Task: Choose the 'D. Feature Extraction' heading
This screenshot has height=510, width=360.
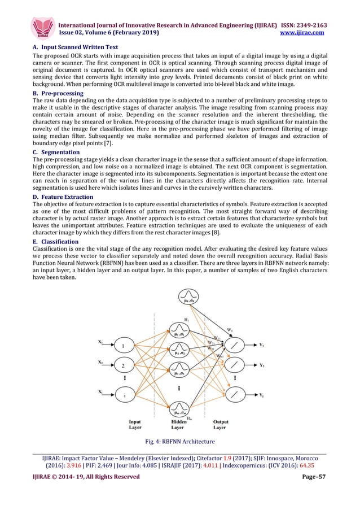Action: [65, 197]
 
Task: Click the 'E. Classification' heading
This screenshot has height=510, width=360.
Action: [55, 241]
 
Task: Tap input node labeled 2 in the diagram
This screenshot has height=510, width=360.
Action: [124, 365]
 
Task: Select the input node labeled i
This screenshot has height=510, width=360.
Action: [124, 395]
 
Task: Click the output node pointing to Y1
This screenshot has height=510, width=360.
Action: [235, 345]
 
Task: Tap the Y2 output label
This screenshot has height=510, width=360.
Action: [262, 365]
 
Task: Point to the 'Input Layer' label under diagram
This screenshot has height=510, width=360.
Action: [135, 425]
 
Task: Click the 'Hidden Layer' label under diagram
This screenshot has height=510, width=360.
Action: [178, 425]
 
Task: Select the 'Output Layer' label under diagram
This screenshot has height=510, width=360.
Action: [221, 425]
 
